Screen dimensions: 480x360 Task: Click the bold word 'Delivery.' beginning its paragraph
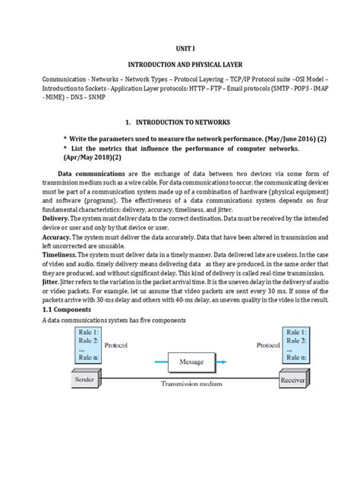point(51,236)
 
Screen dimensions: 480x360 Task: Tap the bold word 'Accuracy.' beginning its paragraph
point(52,259)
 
